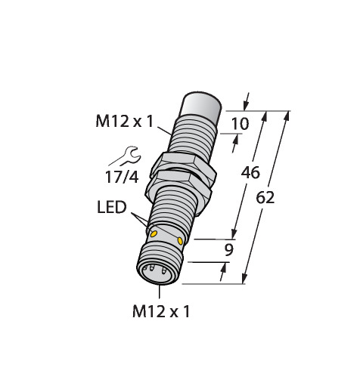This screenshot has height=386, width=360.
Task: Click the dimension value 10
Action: [x=240, y=124]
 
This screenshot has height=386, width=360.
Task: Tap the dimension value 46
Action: [x=250, y=173]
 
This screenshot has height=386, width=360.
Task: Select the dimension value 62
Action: [x=265, y=197]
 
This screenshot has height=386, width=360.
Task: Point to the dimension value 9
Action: [x=229, y=250]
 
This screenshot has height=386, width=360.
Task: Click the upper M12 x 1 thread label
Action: [x=125, y=121]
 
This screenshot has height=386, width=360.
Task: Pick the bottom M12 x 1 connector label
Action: [x=161, y=311]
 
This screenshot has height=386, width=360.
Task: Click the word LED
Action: [x=112, y=208]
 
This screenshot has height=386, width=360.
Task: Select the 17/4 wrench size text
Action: [x=122, y=177]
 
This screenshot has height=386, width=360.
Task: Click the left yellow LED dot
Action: [x=154, y=234]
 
